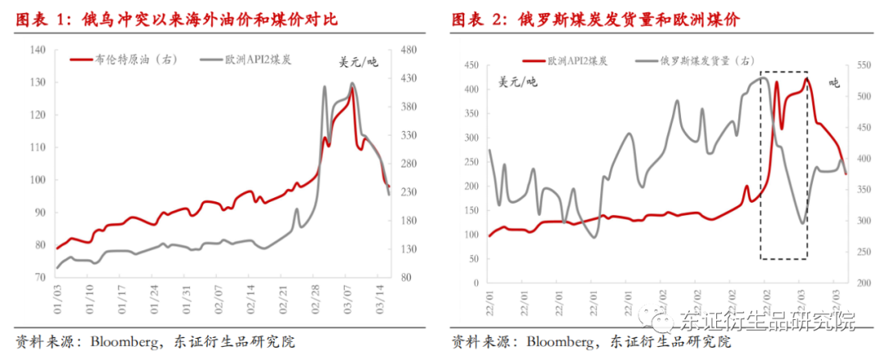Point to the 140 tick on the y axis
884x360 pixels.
coord(38,50)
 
